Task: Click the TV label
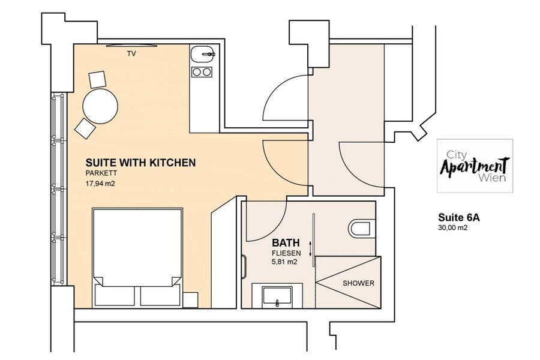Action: (131, 54)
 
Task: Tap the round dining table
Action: (101, 106)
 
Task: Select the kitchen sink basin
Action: (202, 55)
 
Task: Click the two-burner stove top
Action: (202, 72)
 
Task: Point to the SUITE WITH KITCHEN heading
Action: (140, 163)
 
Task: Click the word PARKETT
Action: (101, 173)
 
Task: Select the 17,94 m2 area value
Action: (100, 184)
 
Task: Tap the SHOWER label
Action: (358, 283)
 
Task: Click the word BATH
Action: (286, 242)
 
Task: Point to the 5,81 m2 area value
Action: (284, 262)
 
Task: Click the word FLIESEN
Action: (286, 253)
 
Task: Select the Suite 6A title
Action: (459, 218)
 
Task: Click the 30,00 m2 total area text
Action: (452, 228)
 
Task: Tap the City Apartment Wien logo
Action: (475, 166)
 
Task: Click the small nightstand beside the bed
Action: (190, 300)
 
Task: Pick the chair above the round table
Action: (97, 79)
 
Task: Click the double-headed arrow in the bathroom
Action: (310, 249)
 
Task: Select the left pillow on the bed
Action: (115, 295)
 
